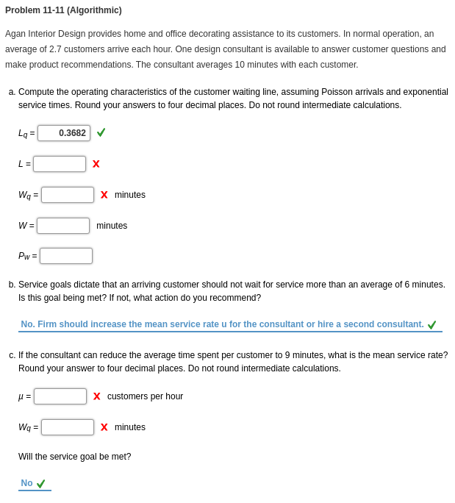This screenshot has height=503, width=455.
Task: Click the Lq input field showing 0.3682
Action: [x=64, y=133]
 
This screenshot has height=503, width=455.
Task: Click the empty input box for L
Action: [x=60, y=164]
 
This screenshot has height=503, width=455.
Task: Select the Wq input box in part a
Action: [x=68, y=195]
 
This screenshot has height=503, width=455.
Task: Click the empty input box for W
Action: [x=63, y=226]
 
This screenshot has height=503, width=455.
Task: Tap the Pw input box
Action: [x=66, y=256]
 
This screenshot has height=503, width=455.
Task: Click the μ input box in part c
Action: [x=60, y=396]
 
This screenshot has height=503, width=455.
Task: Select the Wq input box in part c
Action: [x=68, y=427]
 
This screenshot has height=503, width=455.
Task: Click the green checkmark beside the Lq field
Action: [x=101, y=132]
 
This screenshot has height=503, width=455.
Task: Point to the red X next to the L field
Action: [x=96, y=164]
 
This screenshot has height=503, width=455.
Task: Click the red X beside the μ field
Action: [x=97, y=396]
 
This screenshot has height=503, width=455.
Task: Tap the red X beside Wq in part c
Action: [x=104, y=427]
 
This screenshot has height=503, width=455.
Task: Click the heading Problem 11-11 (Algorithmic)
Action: [x=63, y=10]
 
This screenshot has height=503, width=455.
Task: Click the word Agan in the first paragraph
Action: [x=16, y=34]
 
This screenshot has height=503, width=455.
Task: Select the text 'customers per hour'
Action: [x=145, y=396]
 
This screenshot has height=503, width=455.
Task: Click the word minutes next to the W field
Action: [x=112, y=226]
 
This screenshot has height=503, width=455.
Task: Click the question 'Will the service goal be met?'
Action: [x=75, y=457]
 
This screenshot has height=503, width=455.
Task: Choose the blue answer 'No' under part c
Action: [x=26, y=483]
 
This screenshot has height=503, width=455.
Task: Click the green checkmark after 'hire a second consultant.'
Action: [x=432, y=325]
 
